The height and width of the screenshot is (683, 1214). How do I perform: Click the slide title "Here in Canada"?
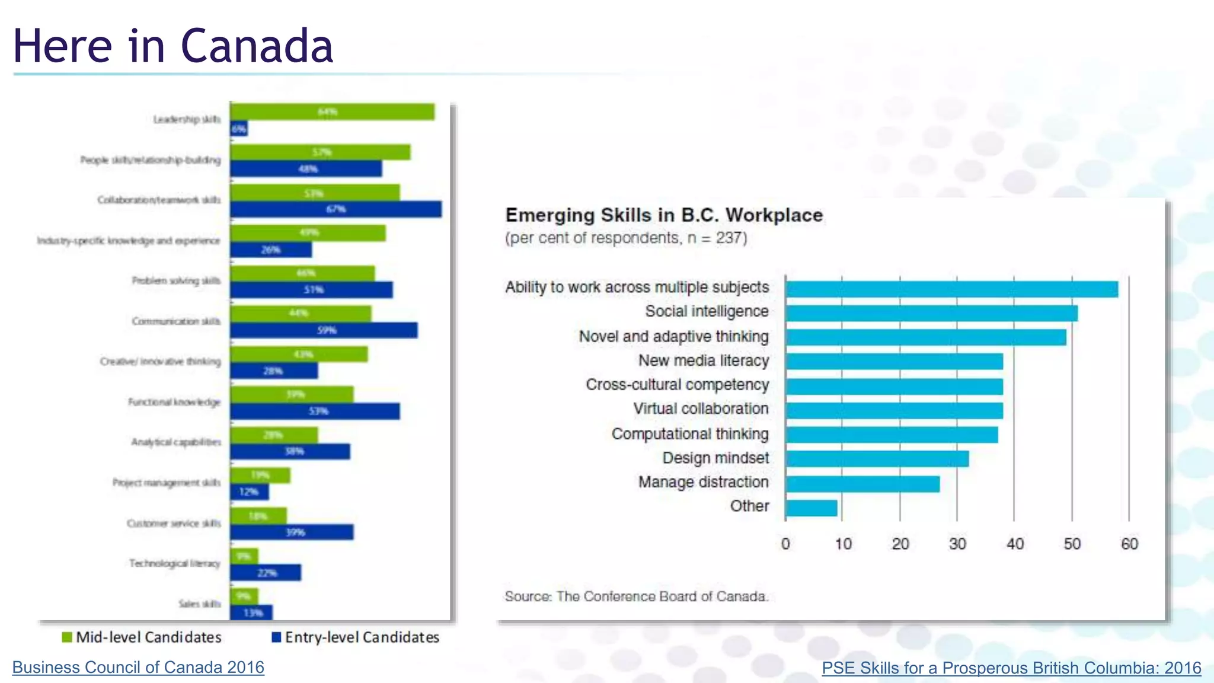click(x=173, y=46)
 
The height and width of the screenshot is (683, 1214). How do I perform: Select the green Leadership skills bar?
click(x=332, y=111)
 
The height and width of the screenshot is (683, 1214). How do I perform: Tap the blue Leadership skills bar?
click(x=239, y=129)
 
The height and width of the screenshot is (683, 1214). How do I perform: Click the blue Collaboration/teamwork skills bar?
click(x=336, y=209)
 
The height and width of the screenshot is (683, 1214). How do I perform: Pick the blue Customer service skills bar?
click(x=292, y=532)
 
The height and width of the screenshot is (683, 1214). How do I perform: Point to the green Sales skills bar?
click(x=244, y=596)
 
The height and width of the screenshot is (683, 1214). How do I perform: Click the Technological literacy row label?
click(x=175, y=563)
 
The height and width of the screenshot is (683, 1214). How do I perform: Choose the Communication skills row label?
click(x=176, y=321)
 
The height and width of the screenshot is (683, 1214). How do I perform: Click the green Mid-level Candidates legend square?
click(x=67, y=637)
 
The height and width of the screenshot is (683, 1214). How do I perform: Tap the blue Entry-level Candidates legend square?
click(x=276, y=637)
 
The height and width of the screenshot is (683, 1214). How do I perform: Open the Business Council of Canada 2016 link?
click(x=138, y=668)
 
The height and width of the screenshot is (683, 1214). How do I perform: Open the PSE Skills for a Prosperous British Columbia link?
click(x=1011, y=668)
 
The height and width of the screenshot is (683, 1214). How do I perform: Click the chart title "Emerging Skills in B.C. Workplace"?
click(x=664, y=215)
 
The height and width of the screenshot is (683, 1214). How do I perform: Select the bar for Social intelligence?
click(x=931, y=313)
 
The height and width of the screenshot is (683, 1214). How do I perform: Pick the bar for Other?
click(x=812, y=508)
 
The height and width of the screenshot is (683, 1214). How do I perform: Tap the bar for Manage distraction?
click(x=862, y=484)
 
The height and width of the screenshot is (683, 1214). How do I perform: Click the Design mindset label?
click(x=715, y=458)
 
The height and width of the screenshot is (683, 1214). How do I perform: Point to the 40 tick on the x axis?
click(x=1015, y=544)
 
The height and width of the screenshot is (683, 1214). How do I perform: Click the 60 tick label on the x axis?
click(x=1129, y=544)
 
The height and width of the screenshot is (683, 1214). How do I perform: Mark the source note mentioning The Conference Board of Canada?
click(x=637, y=596)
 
